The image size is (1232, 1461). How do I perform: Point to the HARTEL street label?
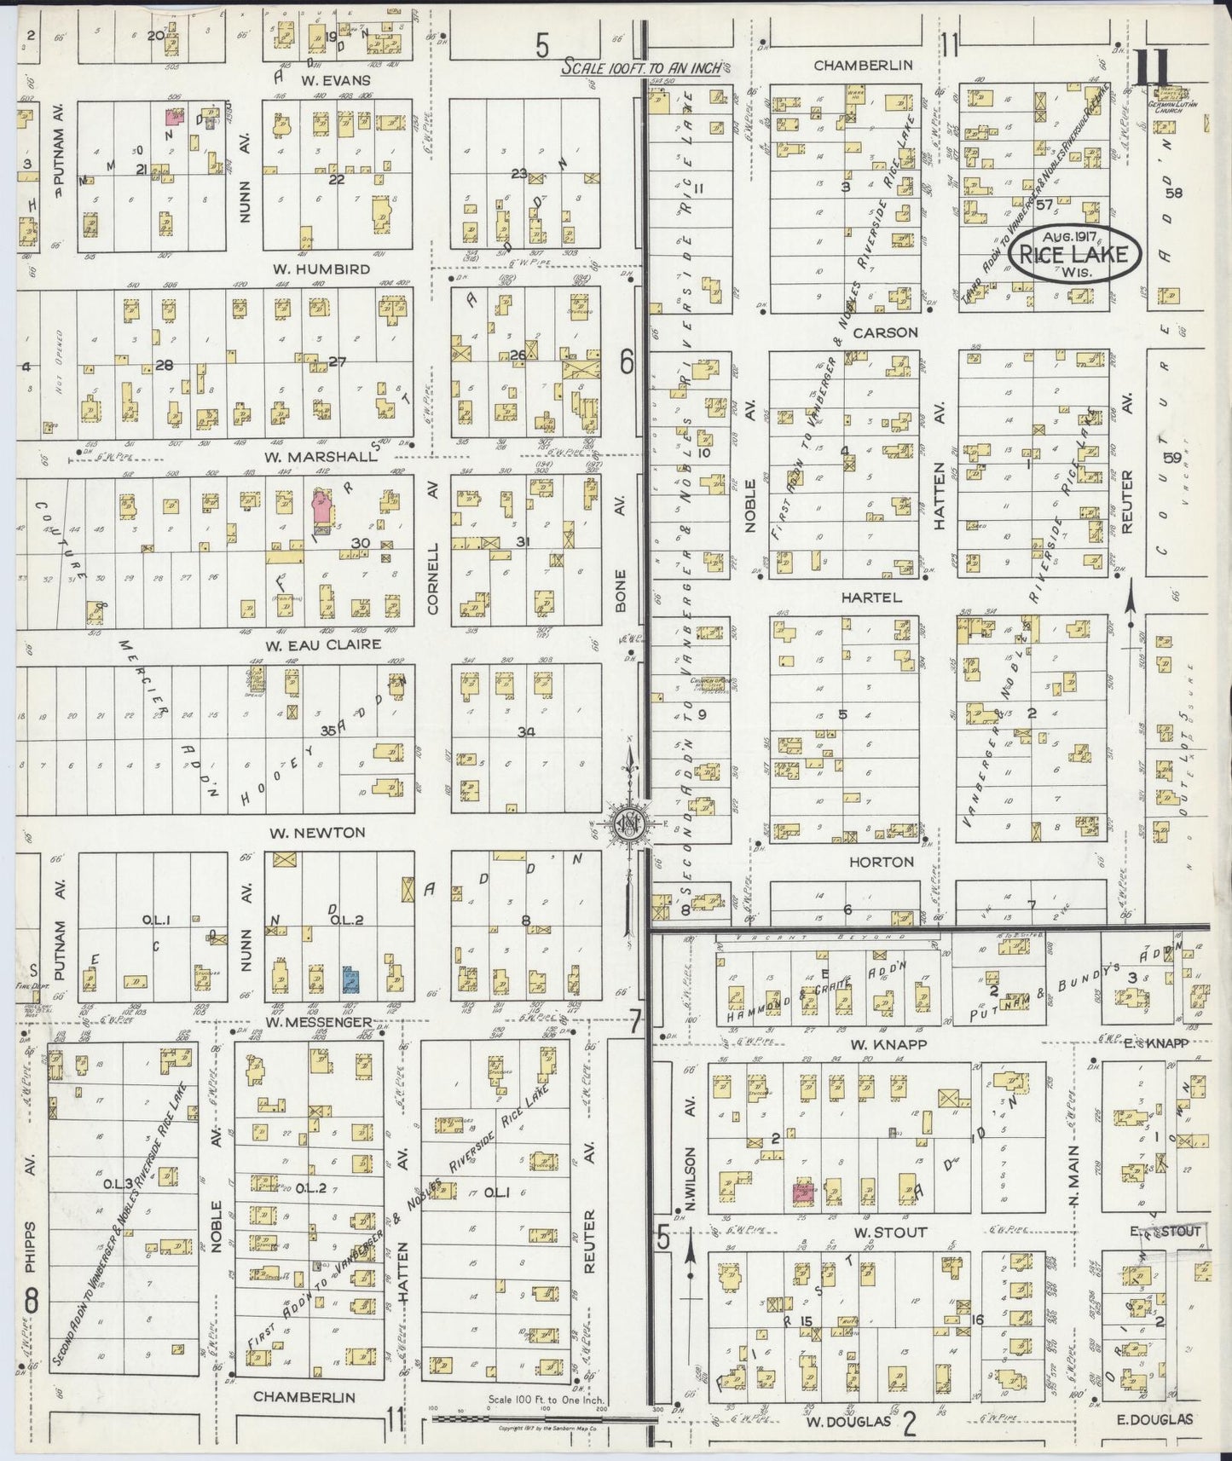(x=870, y=598)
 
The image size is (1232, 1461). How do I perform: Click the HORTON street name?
(x=881, y=862)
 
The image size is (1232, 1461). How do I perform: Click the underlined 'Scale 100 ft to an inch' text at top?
(x=641, y=66)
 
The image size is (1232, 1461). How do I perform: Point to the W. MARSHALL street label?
(x=319, y=457)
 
